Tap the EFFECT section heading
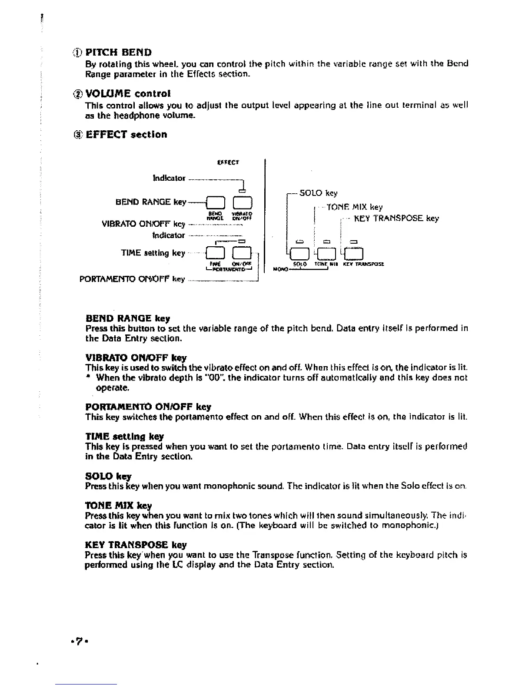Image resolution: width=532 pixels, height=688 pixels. click(126, 135)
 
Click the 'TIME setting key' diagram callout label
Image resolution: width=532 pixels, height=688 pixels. click(153, 253)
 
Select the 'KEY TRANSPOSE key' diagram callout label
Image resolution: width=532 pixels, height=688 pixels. click(396, 218)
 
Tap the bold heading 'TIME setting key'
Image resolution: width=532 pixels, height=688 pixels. click(125, 436)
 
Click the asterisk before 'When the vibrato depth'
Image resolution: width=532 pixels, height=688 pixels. click(88, 377)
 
